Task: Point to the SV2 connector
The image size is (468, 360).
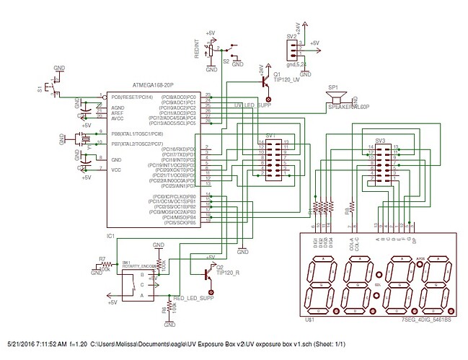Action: [x=292, y=48]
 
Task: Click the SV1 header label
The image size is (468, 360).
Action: [x=270, y=135]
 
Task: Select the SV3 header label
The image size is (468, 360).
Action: [x=380, y=140]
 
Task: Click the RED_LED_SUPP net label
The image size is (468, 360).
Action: [x=194, y=297]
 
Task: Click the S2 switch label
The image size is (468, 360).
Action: [x=226, y=62]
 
